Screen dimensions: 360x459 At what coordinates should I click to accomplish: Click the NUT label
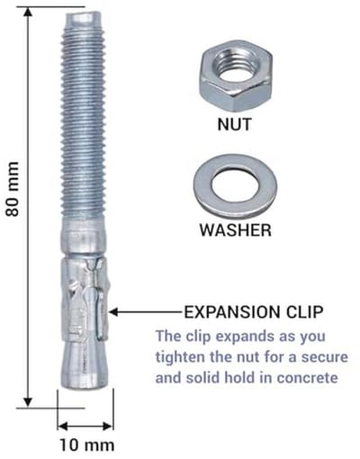(x=234, y=124)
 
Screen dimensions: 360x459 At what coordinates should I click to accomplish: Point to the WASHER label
(x=236, y=230)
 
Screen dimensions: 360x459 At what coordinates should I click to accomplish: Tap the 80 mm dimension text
(x=13, y=189)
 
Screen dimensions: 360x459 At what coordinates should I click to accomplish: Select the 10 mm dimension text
(x=87, y=445)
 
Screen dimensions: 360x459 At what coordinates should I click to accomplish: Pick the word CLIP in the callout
(x=304, y=312)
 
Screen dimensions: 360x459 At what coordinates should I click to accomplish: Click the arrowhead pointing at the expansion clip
(x=114, y=312)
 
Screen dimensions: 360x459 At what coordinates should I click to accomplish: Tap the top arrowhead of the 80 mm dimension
(x=28, y=13)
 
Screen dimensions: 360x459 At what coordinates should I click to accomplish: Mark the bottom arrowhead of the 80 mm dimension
(x=28, y=401)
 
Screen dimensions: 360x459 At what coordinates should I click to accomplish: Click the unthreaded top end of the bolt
(x=83, y=21)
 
